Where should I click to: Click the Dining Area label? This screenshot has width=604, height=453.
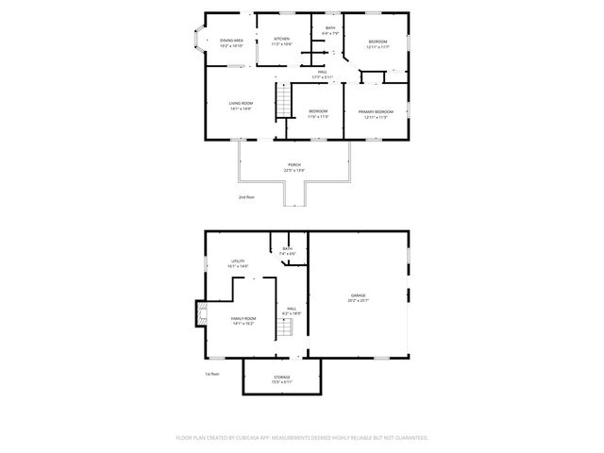click(x=231, y=42)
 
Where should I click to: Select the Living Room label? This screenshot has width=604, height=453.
click(x=241, y=105)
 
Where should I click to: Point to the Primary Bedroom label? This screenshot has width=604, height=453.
click(x=376, y=113)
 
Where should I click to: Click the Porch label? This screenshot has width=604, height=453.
click(x=294, y=166)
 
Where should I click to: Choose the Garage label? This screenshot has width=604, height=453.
click(x=359, y=296)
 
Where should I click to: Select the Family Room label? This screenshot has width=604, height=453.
click(x=243, y=320)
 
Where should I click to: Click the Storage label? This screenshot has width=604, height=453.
click(x=282, y=378)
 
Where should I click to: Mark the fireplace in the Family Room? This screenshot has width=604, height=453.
click(x=199, y=314)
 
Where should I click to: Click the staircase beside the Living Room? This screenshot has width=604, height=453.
click(x=280, y=101)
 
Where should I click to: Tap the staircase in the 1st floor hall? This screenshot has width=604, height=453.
click(x=285, y=328)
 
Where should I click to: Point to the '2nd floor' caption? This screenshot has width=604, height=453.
click(x=247, y=197)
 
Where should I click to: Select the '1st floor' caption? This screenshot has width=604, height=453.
click(x=212, y=374)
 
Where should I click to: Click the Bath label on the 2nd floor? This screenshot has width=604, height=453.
click(x=330, y=30)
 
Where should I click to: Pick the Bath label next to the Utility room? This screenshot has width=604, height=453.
click(x=287, y=250)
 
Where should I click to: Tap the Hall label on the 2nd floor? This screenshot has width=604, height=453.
click(x=322, y=74)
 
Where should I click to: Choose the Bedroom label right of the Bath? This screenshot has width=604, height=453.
click(x=377, y=42)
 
